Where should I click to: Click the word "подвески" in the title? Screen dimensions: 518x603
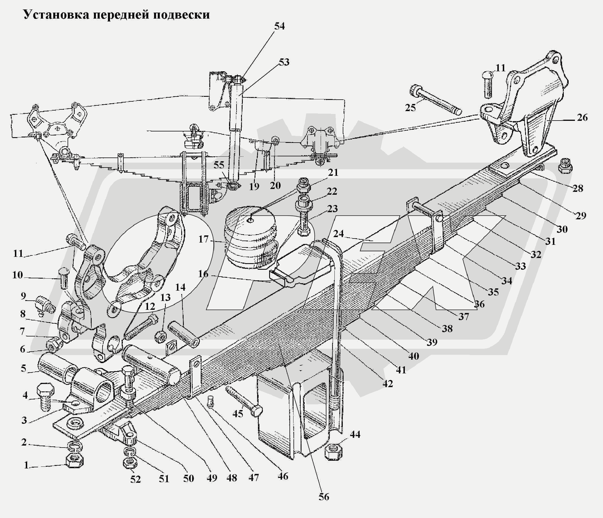pyautogui.click(x=181, y=15)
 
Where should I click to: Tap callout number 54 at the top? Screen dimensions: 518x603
pyautogui.click(x=279, y=26)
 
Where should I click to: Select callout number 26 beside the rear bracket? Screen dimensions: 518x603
pyautogui.click(x=582, y=118)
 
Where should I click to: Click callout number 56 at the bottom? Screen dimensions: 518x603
pyautogui.click(x=324, y=497)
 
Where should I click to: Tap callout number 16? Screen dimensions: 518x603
pyautogui.click(x=203, y=274)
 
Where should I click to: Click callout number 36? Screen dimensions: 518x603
pyautogui.click(x=479, y=304)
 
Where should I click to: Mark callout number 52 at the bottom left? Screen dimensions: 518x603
pyautogui.click(x=135, y=479)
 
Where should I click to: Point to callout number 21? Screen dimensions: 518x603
pyautogui.click(x=333, y=173)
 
